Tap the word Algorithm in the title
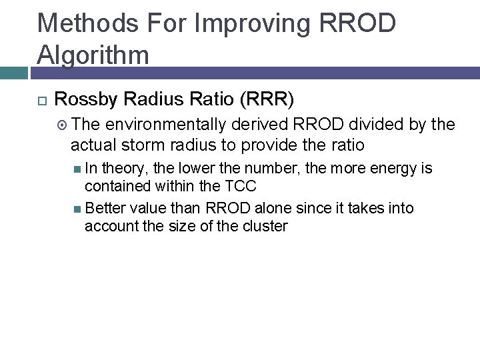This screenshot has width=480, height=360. point(93,54)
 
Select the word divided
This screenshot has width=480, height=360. point(380,125)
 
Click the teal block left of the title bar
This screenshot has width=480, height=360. point(16,73)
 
